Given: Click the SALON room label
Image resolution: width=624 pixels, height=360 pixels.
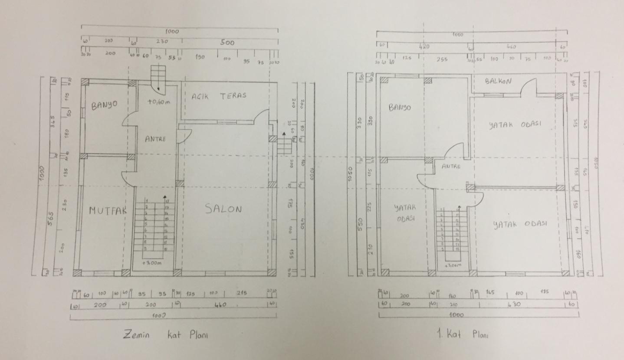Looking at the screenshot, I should pos(223,209).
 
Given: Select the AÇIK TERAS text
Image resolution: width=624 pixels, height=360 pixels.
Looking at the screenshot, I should pos(219,96).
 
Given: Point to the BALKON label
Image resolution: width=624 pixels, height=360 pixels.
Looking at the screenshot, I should pos(498,82).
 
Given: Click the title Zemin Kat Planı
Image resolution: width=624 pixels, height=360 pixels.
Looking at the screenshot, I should pos(165,335).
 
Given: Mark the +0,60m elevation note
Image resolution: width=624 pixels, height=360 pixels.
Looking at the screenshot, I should pos(158,103).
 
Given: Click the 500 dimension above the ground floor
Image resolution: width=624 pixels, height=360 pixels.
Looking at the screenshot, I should pos(227,43).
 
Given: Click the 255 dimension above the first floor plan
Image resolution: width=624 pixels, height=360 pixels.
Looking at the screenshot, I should pos(442,59).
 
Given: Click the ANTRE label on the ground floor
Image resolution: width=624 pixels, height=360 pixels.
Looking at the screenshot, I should pos(155,139).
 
